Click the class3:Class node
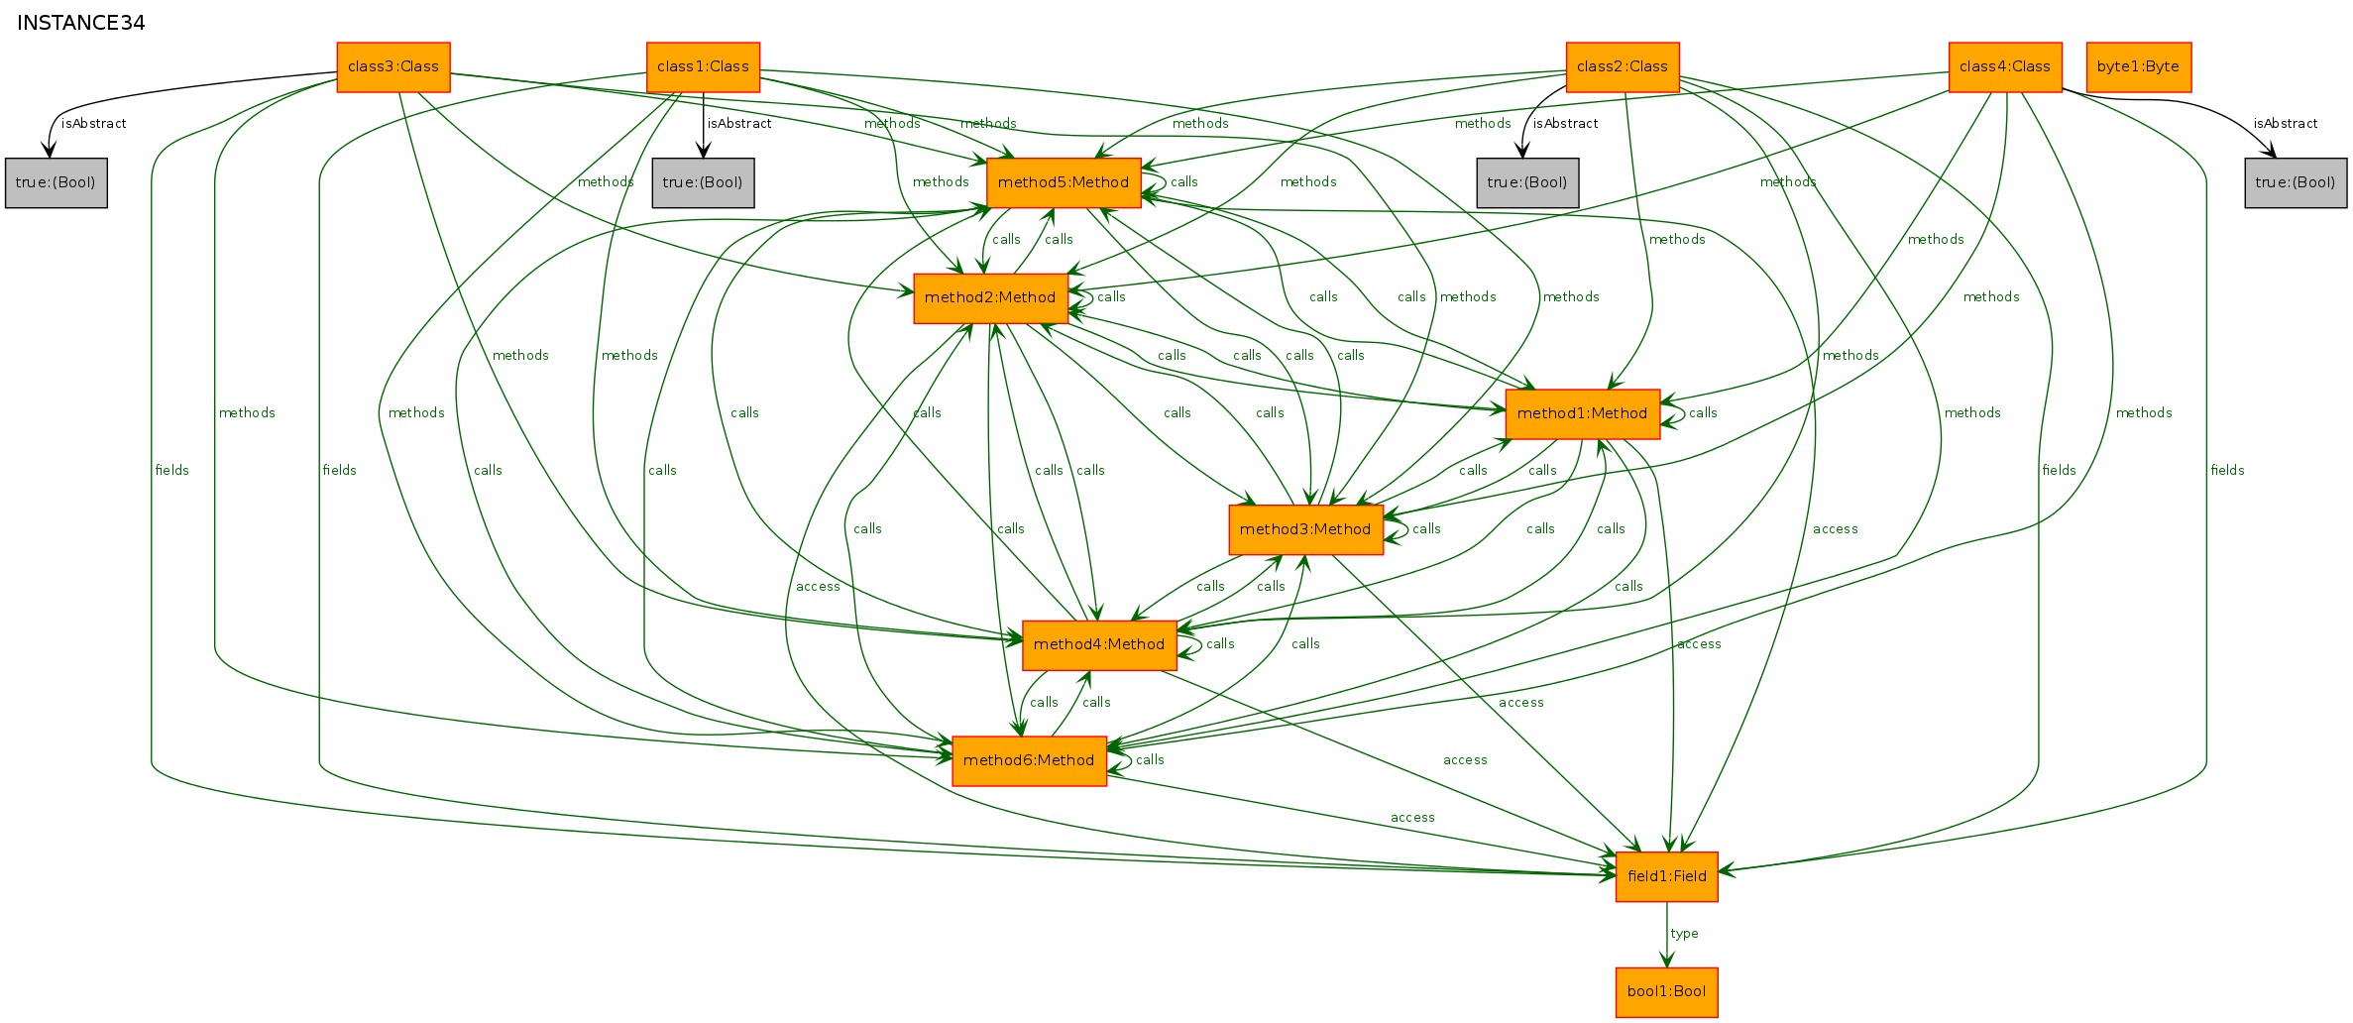tap(393, 67)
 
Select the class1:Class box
tap(703, 67)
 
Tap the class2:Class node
tap(1623, 67)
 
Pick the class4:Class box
tap(2005, 67)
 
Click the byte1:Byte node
tap(2139, 67)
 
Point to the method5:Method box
tap(1064, 182)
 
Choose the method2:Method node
tap(990, 298)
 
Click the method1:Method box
tap(1582, 414)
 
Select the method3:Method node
tap(1305, 529)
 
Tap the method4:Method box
tap(1099, 645)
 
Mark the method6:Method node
tap(1029, 761)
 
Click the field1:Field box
tap(1667, 877)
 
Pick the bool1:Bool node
tap(1667, 992)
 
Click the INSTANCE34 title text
tap(81, 23)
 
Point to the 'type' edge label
tap(1684, 934)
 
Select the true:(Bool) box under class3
tap(56, 182)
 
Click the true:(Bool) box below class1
tap(703, 182)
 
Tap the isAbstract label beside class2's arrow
tap(1565, 124)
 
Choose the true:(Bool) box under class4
tap(2296, 182)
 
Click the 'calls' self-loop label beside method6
tap(1150, 760)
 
